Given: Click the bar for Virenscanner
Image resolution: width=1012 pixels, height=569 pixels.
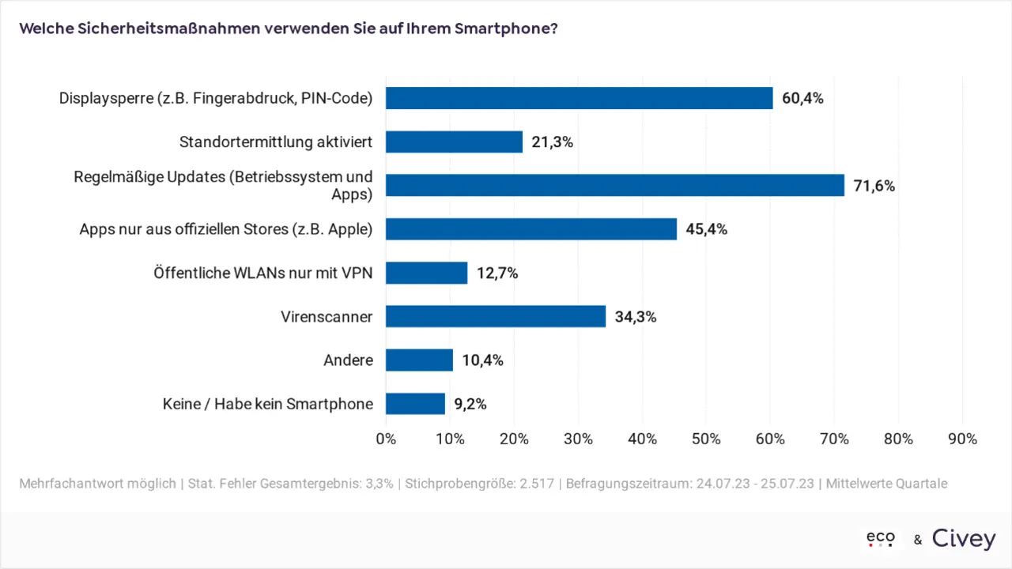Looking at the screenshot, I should click(x=496, y=317).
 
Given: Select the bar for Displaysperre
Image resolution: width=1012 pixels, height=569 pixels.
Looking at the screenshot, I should click(x=579, y=98).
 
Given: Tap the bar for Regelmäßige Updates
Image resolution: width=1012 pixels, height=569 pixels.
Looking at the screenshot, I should click(x=615, y=186).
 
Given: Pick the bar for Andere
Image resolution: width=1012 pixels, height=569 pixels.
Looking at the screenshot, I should click(x=419, y=360).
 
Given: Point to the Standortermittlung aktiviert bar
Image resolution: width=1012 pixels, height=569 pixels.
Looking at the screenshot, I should click(x=454, y=142).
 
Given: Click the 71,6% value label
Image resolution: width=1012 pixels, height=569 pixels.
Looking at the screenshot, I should click(x=874, y=187).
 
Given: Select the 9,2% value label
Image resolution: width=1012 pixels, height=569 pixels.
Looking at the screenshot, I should click(x=470, y=405).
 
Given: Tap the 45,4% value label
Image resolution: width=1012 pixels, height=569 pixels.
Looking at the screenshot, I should click(x=706, y=230).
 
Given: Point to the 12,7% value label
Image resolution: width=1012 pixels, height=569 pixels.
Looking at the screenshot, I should click(x=497, y=273).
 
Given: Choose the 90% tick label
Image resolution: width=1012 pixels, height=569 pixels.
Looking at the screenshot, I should click(x=962, y=439).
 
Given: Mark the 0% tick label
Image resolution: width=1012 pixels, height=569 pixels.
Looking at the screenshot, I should click(x=386, y=439).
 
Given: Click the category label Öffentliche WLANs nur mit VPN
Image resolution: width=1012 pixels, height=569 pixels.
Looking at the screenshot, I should click(x=263, y=273).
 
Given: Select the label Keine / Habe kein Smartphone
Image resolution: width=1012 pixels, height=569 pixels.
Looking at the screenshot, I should click(x=268, y=404).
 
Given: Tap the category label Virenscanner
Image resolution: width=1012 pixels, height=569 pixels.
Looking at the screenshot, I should click(x=327, y=317).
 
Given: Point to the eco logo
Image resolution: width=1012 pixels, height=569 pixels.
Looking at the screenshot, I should click(x=881, y=539).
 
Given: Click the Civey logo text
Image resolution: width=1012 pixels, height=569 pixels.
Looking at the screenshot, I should click(x=964, y=539).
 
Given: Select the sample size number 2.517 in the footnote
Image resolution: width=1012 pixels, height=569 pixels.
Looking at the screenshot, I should click(x=541, y=484).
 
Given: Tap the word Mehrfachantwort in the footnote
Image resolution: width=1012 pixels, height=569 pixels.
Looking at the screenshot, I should click(x=70, y=484).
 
